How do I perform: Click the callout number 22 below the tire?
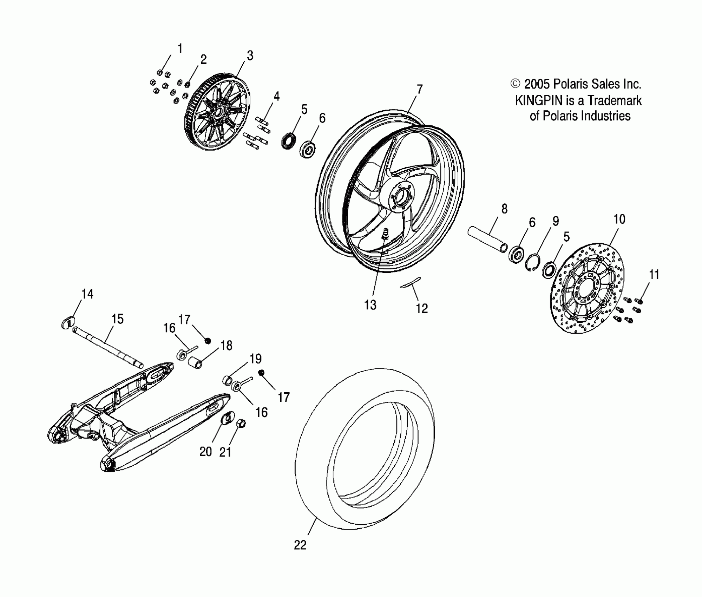point(300,545)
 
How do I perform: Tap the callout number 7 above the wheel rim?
point(419,90)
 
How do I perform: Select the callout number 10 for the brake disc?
point(619,219)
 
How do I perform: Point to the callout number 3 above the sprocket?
point(250,55)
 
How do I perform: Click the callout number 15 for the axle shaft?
point(117,319)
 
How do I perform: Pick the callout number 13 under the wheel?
point(370,305)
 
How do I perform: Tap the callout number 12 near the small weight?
point(422,308)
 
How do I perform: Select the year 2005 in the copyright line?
point(537,84)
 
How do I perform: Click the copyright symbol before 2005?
point(515,84)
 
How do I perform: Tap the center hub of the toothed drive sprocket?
point(218,113)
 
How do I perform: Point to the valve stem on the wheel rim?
point(385,233)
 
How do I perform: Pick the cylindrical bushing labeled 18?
point(196,362)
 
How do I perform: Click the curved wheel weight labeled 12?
point(410,282)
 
